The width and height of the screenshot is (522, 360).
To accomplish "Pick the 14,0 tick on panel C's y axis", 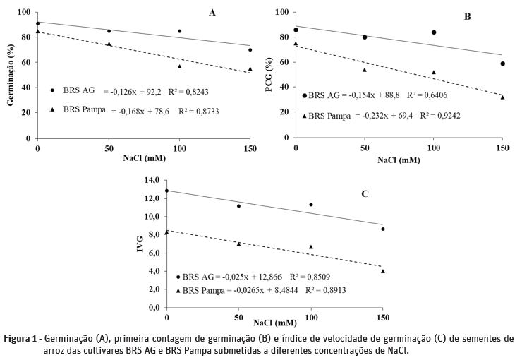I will (152, 181).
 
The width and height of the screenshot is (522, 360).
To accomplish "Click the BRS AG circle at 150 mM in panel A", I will (250, 50).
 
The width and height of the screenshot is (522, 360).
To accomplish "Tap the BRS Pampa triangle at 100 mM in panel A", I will (179, 66).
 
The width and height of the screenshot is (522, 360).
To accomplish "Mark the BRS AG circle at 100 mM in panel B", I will (434, 32).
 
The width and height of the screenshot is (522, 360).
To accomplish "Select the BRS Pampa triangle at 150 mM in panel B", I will (502, 97).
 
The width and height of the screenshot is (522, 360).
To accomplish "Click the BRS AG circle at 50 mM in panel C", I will (238, 206).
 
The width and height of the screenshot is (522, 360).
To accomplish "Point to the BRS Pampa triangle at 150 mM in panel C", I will (383, 271).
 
